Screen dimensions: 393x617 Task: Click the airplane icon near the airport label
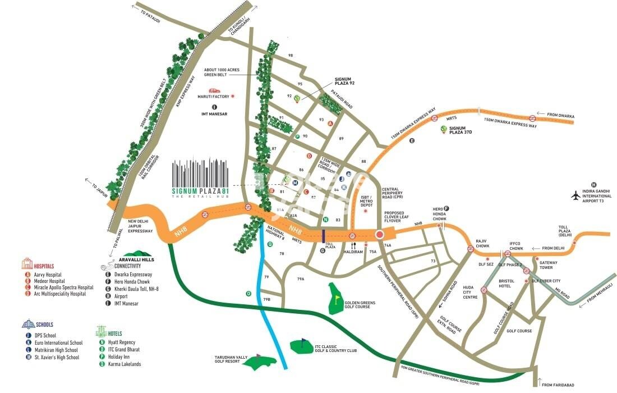tap(575, 195)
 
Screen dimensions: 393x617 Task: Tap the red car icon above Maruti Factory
tap(214, 90)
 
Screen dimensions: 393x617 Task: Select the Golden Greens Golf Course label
tap(361, 305)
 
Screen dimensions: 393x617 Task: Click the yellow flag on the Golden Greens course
tap(337, 298)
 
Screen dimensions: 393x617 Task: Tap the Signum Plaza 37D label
tap(462, 130)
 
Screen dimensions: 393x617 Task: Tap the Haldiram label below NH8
tap(353, 252)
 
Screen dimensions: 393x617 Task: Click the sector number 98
tap(291, 56)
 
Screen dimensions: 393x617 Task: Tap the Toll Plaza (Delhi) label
tap(565, 231)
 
